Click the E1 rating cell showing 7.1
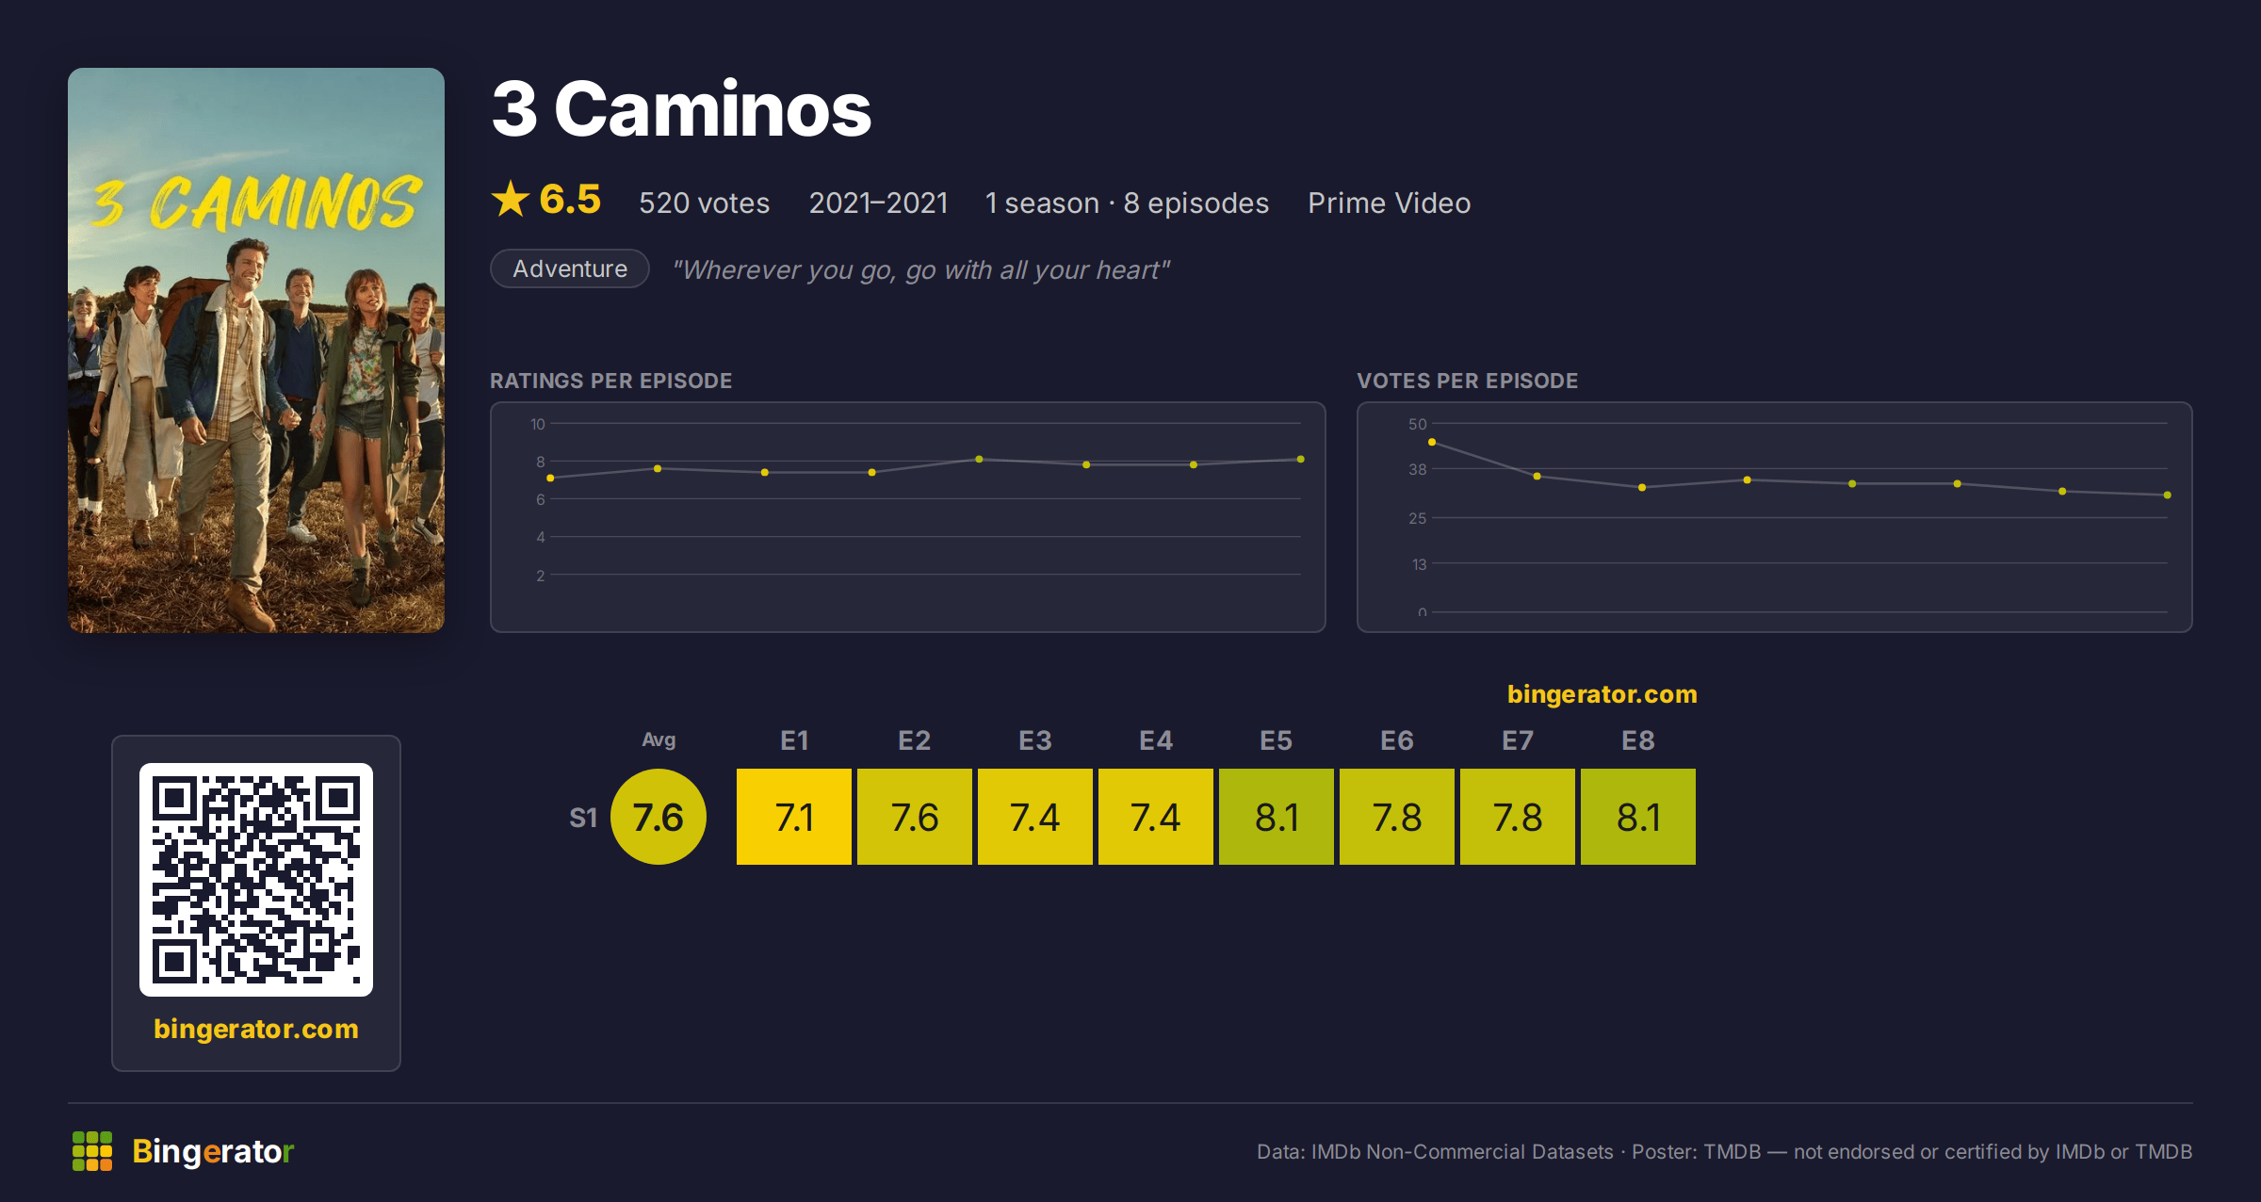[794, 817]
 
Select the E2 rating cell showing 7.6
[915, 817]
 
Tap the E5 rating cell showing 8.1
[1277, 817]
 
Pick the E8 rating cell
[1638, 817]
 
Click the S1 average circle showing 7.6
[659, 817]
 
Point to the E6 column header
[1397, 740]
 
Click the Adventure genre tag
[570, 268]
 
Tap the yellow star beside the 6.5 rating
[511, 199]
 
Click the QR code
[256, 880]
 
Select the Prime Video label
[1389, 203]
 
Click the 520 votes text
[705, 203]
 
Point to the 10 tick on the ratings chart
[538, 424]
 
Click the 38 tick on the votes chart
[1417, 469]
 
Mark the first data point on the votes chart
[1432, 442]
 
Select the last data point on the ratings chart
[1301, 460]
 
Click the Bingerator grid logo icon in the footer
[92, 1151]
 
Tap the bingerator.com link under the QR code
[256, 1029]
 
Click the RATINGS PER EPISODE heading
[611, 381]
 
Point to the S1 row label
[583, 818]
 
